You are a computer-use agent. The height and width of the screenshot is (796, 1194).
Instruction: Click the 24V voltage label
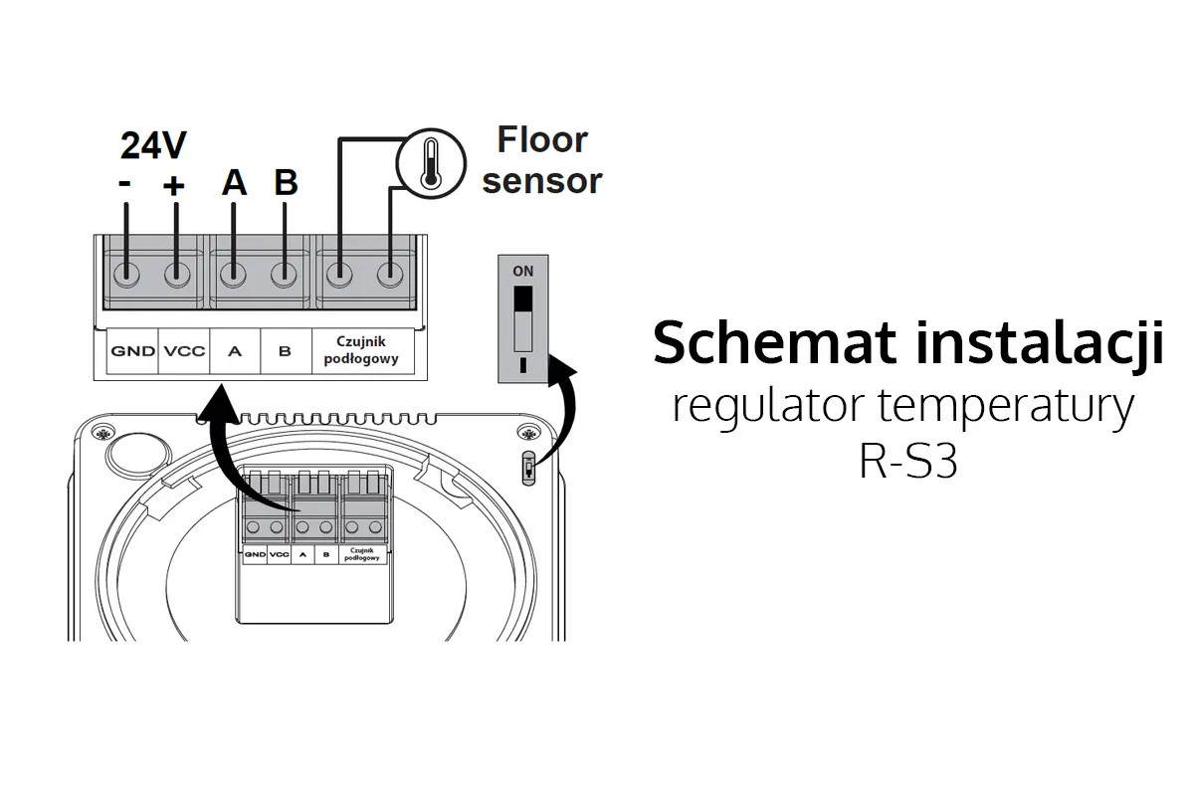tap(153, 145)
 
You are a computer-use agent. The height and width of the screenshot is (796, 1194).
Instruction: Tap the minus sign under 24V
tap(125, 186)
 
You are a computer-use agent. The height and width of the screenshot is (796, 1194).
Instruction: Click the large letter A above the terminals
tap(234, 183)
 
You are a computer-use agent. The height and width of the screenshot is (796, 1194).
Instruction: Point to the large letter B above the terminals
tap(286, 183)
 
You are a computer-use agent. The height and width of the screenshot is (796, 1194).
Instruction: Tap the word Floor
tap(542, 140)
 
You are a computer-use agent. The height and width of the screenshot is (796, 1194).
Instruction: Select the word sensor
tap(542, 181)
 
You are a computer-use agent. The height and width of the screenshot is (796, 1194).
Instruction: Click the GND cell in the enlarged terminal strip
tap(132, 351)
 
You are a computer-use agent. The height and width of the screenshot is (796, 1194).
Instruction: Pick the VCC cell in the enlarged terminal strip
tap(184, 351)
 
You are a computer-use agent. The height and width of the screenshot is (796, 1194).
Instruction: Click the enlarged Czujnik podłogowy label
tap(361, 350)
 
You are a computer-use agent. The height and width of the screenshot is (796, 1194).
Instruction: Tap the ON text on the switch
tap(522, 271)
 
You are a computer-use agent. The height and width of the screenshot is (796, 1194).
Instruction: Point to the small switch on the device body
tap(527, 468)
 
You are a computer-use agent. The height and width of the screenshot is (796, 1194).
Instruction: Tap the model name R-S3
tap(907, 464)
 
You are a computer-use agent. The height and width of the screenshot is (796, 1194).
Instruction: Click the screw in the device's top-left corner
tap(102, 433)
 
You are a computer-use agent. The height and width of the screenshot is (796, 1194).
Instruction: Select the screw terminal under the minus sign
tap(126, 274)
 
